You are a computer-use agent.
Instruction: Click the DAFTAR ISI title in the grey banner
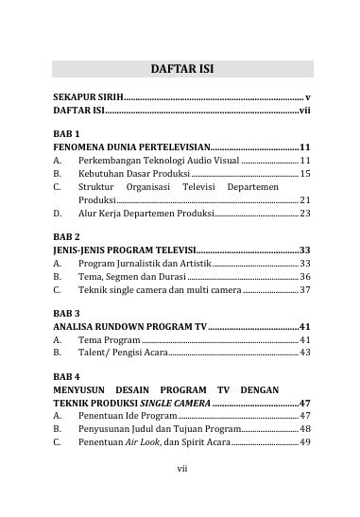tap(182, 69)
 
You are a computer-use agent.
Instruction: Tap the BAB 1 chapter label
tap(66, 133)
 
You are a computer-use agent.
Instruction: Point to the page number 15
tap(304, 174)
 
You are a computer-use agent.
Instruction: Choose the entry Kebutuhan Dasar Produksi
tap(133, 174)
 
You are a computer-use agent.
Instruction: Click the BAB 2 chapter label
tap(66, 235)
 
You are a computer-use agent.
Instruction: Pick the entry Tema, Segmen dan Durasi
tap(132, 276)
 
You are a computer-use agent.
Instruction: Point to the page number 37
tap(304, 289)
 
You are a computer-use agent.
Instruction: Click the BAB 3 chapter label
tap(66, 311)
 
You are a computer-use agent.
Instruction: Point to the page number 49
tap(304, 441)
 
